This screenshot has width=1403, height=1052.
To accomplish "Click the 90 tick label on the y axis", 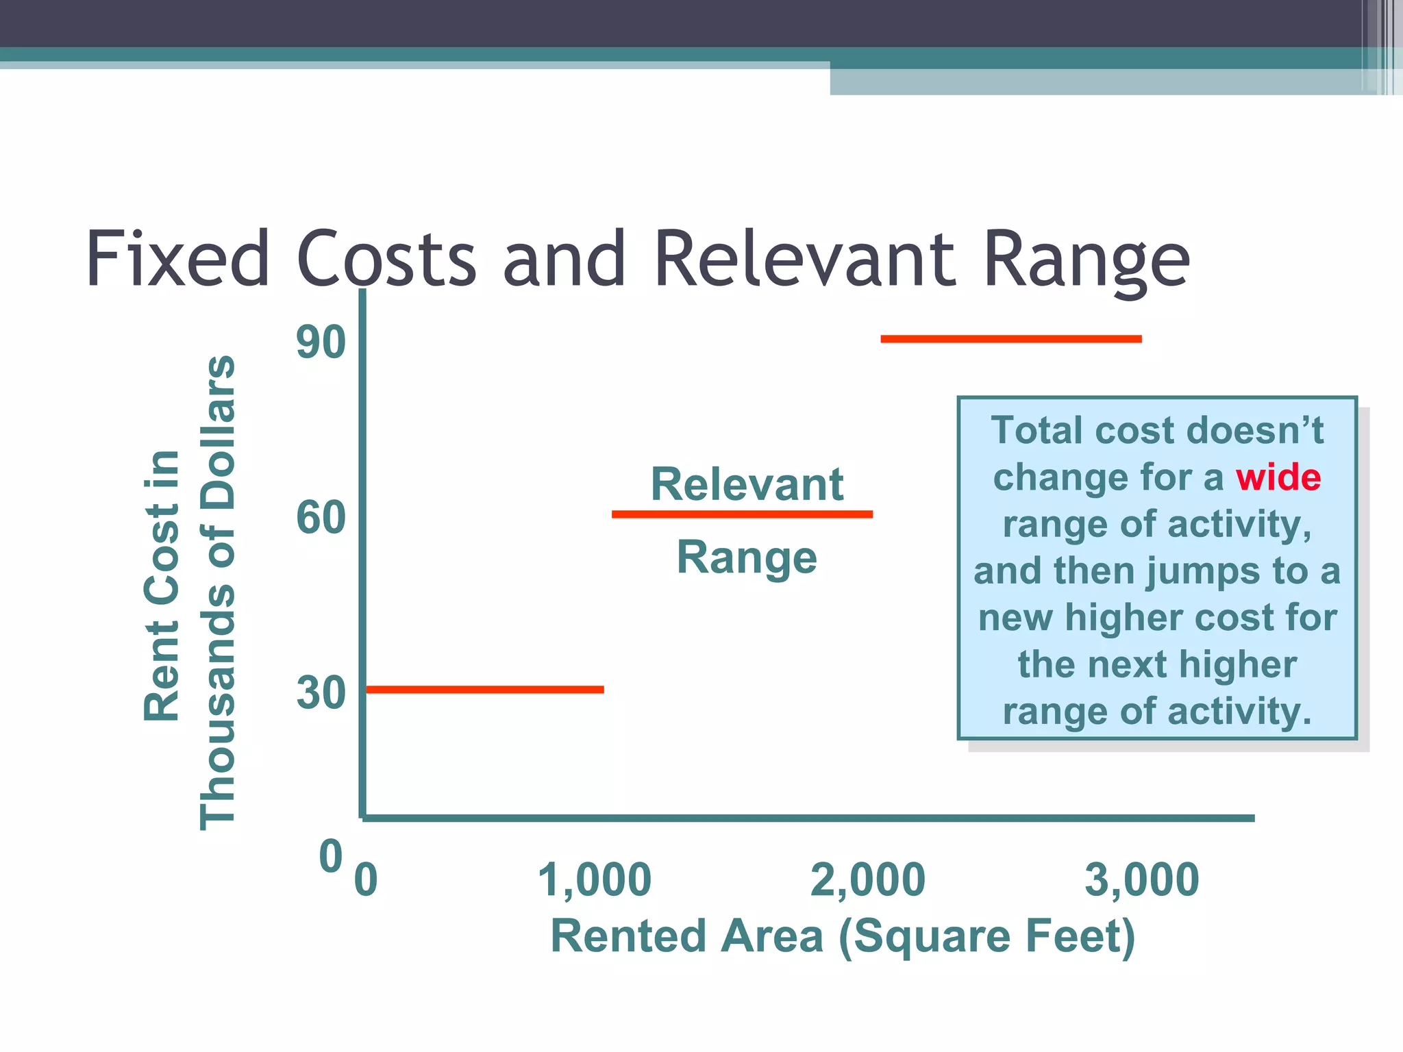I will click(x=321, y=342).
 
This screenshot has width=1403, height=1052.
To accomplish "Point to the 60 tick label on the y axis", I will click(x=321, y=518).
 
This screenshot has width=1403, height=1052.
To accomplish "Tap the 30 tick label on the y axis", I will click(x=321, y=693).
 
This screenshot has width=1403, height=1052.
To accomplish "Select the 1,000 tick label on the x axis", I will click(x=594, y=880).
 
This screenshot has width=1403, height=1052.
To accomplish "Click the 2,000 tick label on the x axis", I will click(x=867, y=880).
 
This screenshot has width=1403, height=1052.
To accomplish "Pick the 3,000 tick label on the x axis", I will click(x=1141, y=880).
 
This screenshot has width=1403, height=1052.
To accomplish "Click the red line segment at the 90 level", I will click(x=1010, y=339).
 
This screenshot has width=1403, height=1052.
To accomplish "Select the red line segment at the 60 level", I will click(x=742, y=514).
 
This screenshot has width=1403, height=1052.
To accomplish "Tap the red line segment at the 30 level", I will click(x=484, y=690).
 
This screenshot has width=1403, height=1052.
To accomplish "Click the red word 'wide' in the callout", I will click(x=1278, y=477).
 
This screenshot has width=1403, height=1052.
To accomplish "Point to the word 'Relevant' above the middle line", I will click(x=747, y=484).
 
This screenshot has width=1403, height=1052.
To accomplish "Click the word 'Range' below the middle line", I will click(x=747, y=558).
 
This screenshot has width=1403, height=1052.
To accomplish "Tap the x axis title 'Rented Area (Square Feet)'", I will click(x=843, y=937).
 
